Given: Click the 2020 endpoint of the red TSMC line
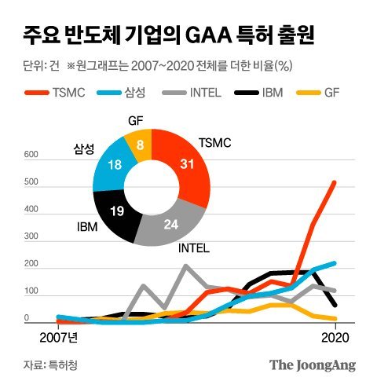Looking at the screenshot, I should tap(334, 182).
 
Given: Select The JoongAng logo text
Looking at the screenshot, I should tap(313, 365).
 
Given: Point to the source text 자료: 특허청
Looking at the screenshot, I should tap(46, 365).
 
